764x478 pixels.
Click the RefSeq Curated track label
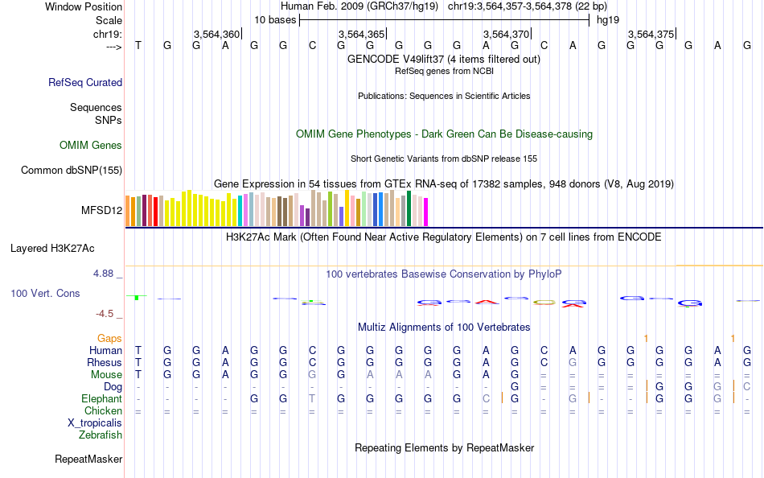click(85, 82)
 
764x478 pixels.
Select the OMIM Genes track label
click(91, 146)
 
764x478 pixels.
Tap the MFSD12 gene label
click(101, 211)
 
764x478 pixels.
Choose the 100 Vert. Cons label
click(45, 294)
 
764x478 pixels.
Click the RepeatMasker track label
click(88, 459)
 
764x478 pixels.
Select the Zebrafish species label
click(101, 435)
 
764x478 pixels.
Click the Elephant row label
click(101, 398)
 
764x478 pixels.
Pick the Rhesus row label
click(105, 363)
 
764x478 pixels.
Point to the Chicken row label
click(103, 410)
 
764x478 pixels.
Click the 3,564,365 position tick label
click(361, 34)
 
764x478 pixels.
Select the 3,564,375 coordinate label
click(651, 34)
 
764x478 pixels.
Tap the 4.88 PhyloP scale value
click(105, 274)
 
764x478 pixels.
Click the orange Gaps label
click(110, 339)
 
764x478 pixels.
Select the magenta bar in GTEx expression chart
click(425, 212)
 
